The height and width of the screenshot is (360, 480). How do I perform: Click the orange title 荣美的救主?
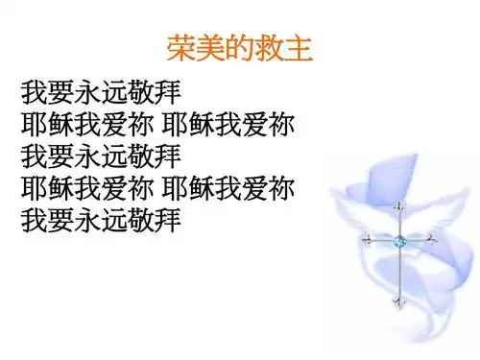(238, 48)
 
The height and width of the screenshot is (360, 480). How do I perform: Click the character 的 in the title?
(238, 48)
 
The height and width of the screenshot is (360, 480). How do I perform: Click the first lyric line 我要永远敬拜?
(101, 94)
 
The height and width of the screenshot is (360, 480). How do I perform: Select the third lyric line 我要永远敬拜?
(101, 156)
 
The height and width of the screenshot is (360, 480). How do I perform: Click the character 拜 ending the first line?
(168, 94)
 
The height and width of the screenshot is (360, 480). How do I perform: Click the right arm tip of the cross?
(435, 240)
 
